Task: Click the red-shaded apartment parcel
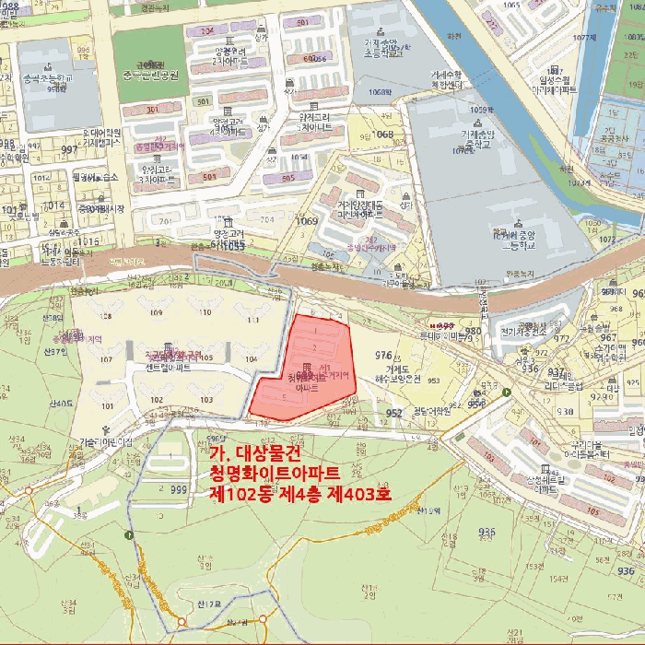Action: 304,369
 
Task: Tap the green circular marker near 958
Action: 506,392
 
